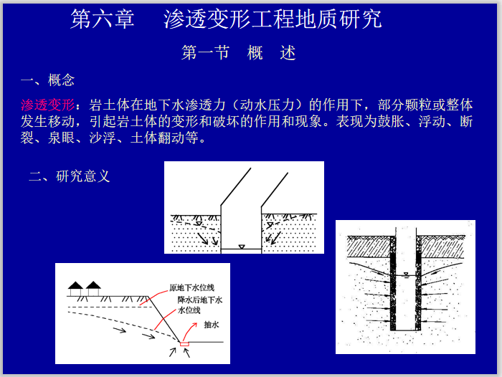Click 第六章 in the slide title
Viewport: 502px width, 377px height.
pyautogui.click(x=102, y=19)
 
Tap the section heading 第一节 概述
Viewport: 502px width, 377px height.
pyautogui.click(x=239, y=53)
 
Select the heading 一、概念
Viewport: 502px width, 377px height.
pyautogui.click(x=48, y=80)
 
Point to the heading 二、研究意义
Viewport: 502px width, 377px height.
pyautogui.click(x=69, y=176)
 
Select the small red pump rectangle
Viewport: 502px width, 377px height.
pyautogui.click(x=185, y=344)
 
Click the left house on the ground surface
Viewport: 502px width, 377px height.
pyautogui.click(x=75, y=288)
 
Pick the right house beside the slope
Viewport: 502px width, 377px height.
pyautogui.click(x=93, y=288)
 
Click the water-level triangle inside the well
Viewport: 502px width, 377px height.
pyautogui.click(x=406, y=275)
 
